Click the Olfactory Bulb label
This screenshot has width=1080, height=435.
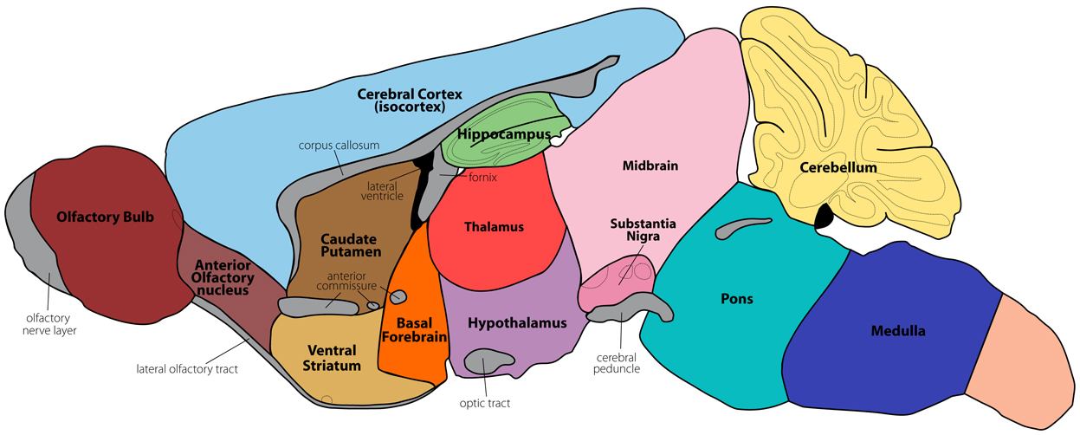[x=105, y=217]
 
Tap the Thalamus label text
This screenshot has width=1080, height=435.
[x=494, y=227]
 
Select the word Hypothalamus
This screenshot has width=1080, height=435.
[x=517, y=323]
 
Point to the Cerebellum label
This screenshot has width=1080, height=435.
[x=838, y=167]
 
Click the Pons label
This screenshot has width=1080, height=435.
[x=737, y=299]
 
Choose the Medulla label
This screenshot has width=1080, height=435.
[x=897, y=331]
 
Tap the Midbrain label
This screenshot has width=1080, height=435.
[x=650, y=166]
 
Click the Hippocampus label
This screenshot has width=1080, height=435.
[x=505, y=134]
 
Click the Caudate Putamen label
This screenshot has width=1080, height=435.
[x=351, y=245]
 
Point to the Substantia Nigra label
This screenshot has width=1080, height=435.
[x=643, y=230]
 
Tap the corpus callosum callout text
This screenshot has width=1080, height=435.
[x=340, y=145]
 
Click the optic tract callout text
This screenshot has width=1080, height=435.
[x=485, y=403]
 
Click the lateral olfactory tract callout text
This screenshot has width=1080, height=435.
[x=187, y=369]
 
